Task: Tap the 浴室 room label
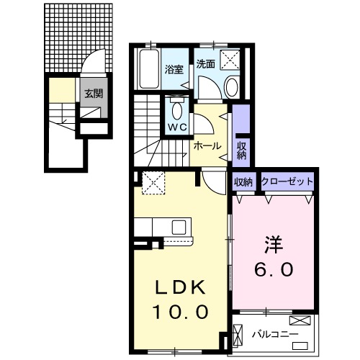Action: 174,71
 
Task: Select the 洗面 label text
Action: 206,63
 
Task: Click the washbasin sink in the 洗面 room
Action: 231,88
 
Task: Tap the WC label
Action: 177,127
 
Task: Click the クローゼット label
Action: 287,182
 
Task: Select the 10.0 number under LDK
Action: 180,312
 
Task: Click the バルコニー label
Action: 274,334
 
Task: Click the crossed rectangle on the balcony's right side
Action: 300,322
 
